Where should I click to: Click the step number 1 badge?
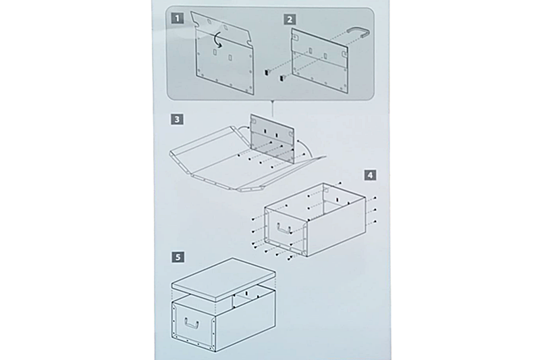(x=178, y=18)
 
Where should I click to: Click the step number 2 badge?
(x=290, y=20)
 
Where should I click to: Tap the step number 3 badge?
(x=177, y=120)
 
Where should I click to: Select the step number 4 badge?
(x=370, y=175)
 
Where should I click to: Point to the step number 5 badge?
(x=178, y=257)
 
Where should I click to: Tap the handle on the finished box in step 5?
(x=192, y=324)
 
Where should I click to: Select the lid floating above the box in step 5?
(x=223, y=277)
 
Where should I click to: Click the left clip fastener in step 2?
(x=267, y=72)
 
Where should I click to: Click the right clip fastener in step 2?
(x=282, y=78)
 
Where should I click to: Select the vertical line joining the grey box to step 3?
(x=273, y=107)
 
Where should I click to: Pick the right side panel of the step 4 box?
(x=335, y=226)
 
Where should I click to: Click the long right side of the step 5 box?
(x=245, y=324)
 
